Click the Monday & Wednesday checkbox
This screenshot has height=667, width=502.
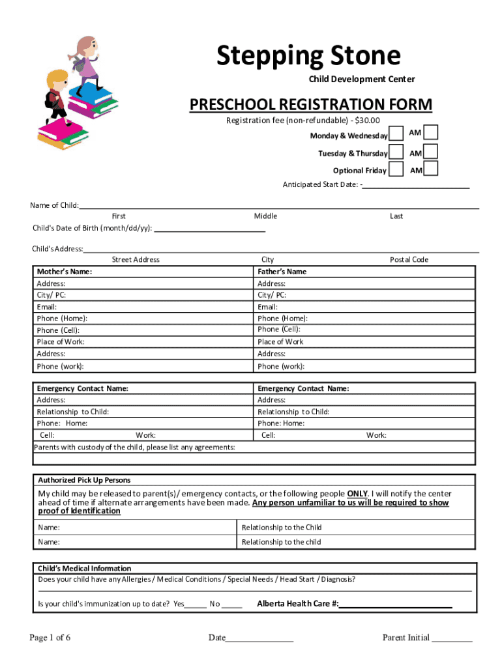click(396, 135)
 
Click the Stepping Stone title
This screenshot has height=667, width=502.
click(308, 56)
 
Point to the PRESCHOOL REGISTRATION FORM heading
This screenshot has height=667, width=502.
click(310, 105)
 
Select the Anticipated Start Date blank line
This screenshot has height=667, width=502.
click(416, 184)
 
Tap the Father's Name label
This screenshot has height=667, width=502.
click(282, 272)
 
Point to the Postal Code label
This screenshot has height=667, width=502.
click(409, 259)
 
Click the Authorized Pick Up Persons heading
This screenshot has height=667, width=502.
click(84, 480)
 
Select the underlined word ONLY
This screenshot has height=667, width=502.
click(357, 494)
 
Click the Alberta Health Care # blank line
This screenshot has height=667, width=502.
click(396, 604)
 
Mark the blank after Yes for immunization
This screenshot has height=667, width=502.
click(196, 604)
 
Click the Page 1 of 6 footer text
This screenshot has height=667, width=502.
click(50, 638)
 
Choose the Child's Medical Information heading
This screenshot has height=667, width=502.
click(84, 568)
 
